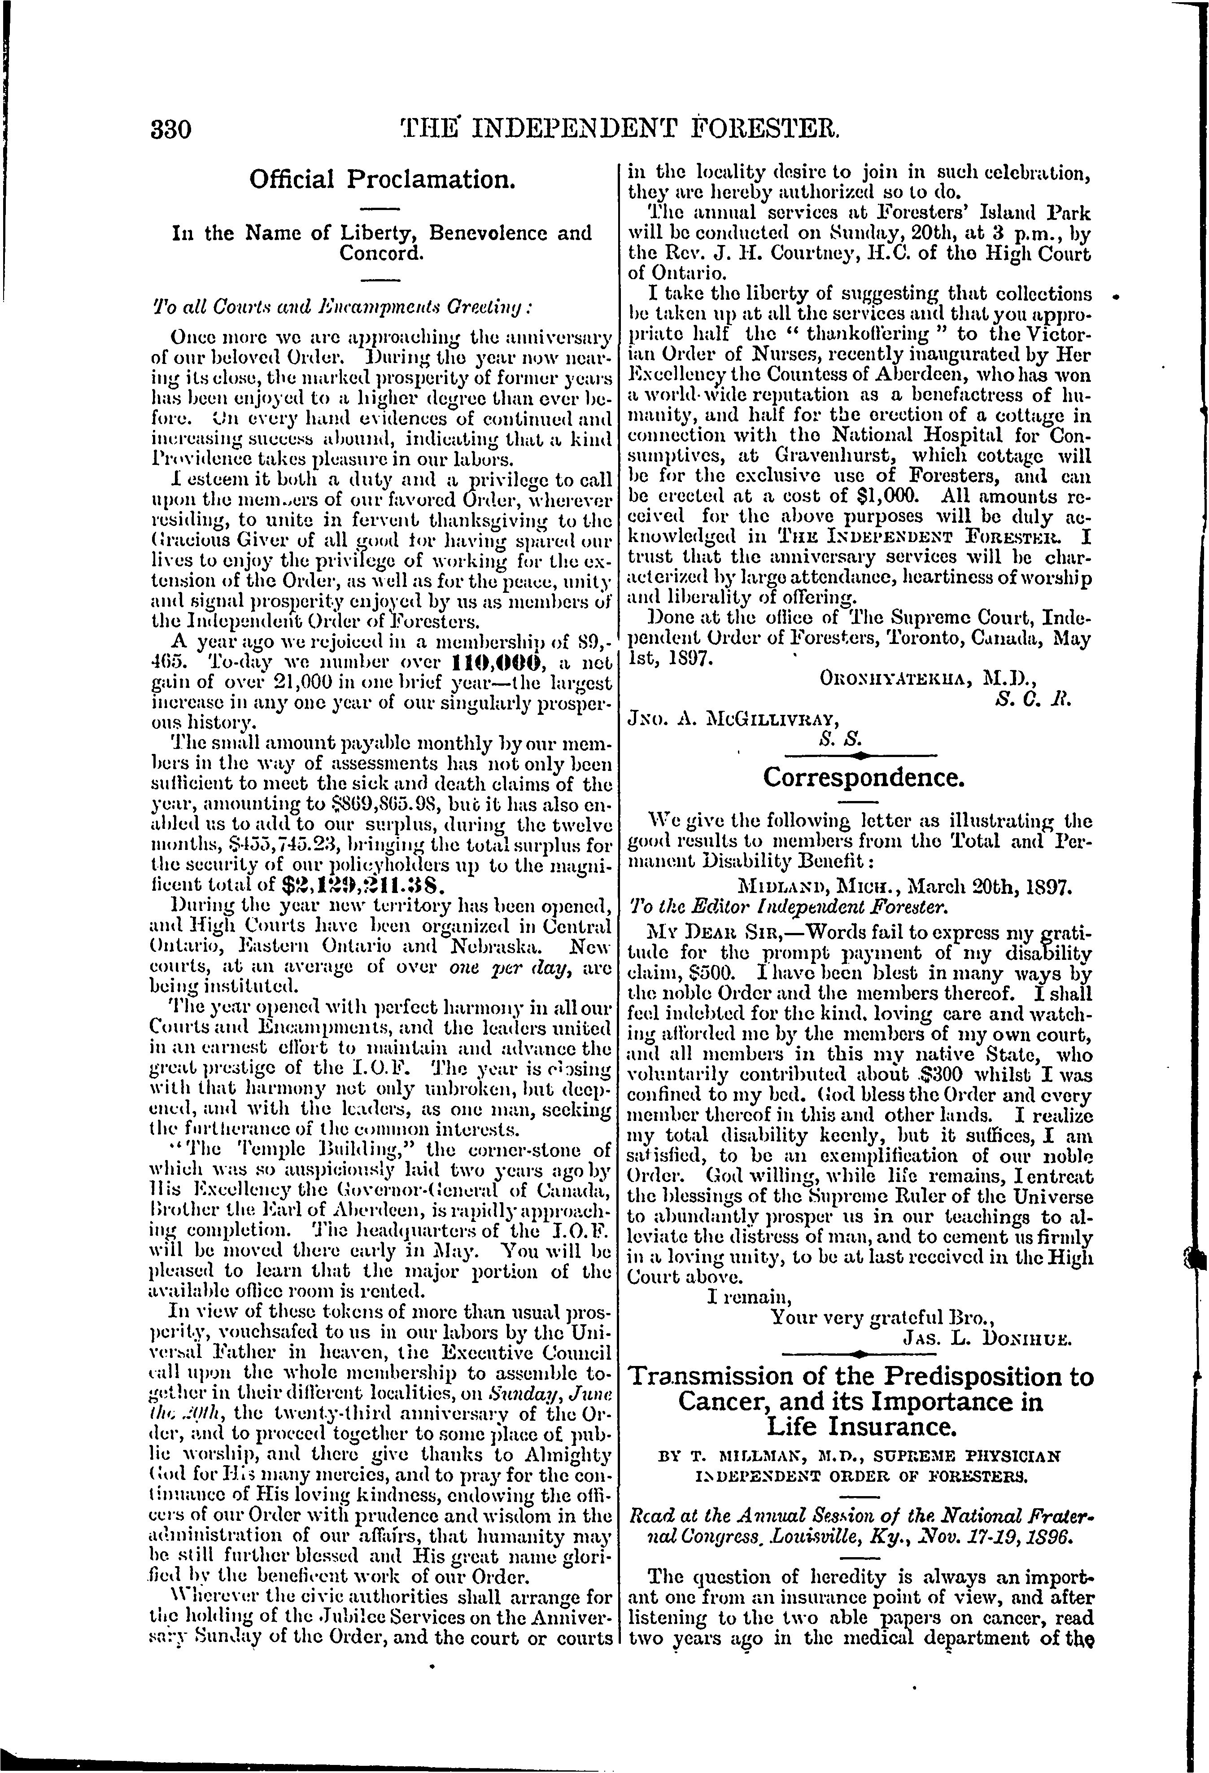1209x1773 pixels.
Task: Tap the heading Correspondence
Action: coord(864,778)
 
